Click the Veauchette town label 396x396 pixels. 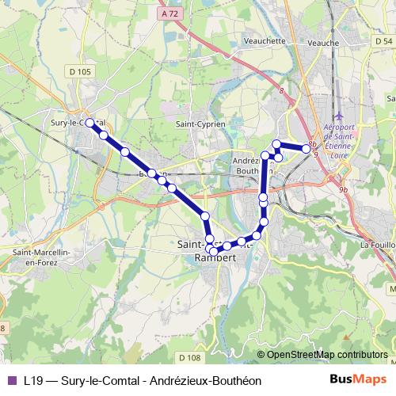265,40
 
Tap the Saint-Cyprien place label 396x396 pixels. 200,124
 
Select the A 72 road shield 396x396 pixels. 166,14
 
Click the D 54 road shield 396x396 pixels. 383,40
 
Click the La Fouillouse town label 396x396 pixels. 378,246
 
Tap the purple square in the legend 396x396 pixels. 11,380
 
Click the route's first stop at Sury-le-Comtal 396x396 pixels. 90,123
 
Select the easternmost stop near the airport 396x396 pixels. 307,148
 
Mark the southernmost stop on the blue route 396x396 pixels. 214,253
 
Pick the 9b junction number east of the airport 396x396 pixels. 343,190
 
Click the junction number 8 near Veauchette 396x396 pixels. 280,91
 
